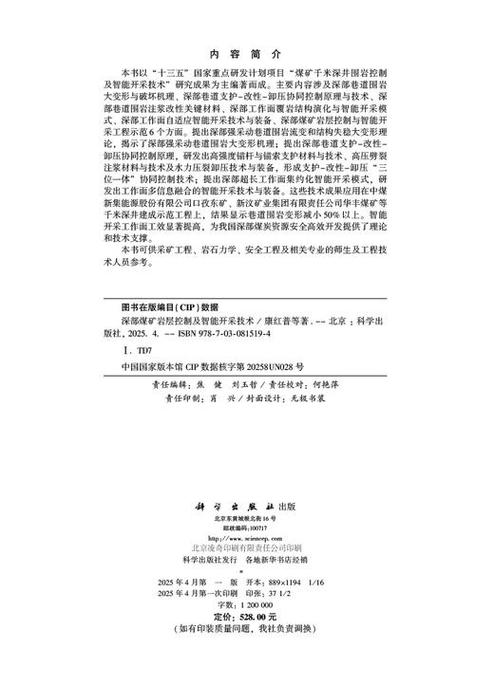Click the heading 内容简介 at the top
click(246, 54)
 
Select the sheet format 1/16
click(340, 602)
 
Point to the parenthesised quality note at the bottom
click(246, 656)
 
